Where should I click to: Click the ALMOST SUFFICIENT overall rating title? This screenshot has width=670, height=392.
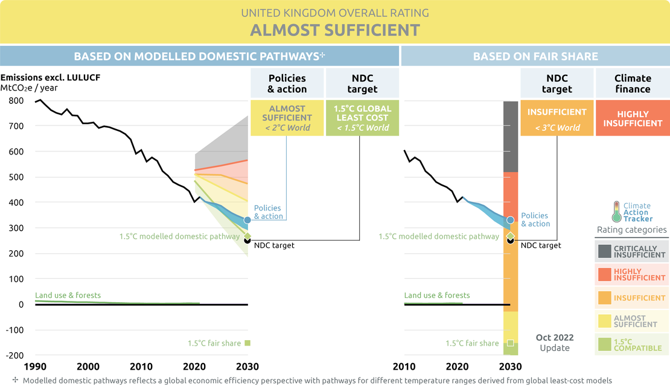(335, 30)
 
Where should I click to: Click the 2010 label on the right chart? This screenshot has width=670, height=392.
(404, 367)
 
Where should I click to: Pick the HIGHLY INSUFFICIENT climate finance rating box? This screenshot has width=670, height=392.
(633, 118)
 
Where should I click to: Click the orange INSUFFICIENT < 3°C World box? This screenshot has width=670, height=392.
(557, 119)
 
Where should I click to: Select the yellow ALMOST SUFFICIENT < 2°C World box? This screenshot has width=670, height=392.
(287, 118)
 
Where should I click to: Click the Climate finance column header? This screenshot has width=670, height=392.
(633, 84)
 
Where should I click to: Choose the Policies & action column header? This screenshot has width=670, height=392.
(287, 84)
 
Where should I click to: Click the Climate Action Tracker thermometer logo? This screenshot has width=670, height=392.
(616, 212)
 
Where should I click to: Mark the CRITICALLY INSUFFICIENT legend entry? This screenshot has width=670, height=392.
(631, 251)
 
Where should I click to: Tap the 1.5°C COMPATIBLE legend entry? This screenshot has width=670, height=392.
(631, 344)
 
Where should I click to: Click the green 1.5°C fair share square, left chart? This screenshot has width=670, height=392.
(247, 343)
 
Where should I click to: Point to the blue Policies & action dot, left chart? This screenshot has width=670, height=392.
(247, 221)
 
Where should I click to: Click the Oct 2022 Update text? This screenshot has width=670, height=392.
(555, 343)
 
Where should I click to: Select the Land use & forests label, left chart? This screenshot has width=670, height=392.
(68, 296)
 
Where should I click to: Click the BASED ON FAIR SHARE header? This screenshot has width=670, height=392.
(535, 57)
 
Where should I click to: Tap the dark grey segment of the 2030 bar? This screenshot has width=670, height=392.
(511, 136)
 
